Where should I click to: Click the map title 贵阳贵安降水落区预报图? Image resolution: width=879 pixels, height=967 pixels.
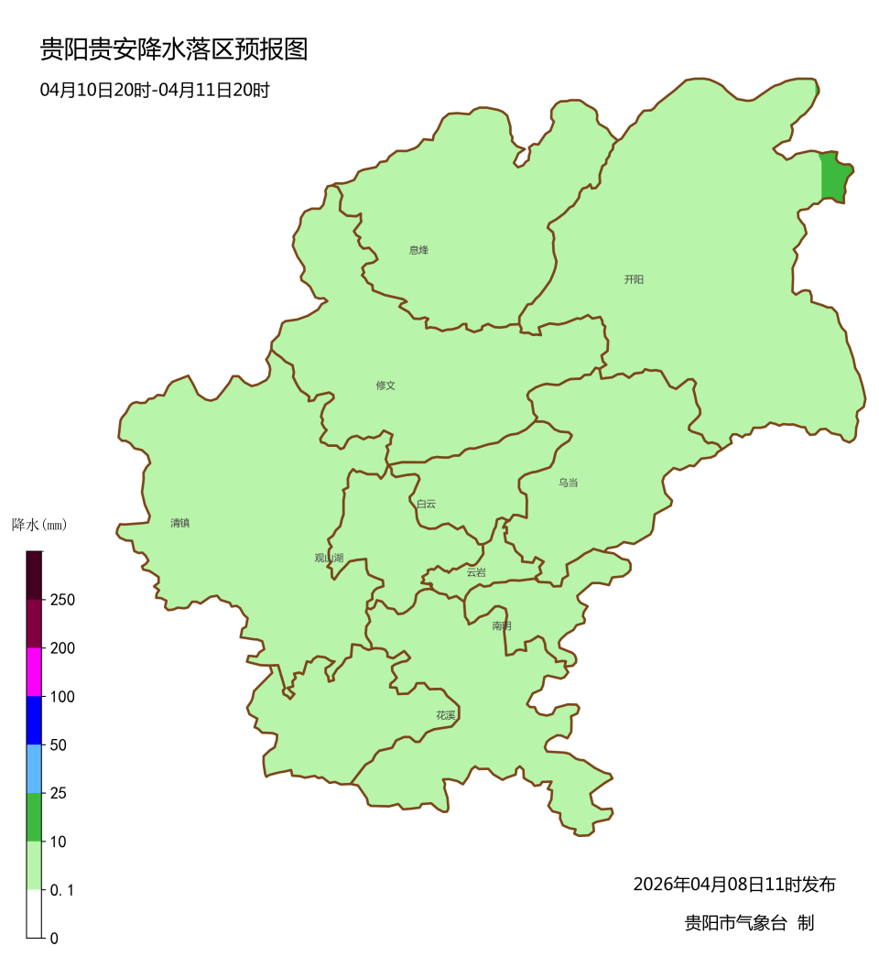click(x=174, y=49)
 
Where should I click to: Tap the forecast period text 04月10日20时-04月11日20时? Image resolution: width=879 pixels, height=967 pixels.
click(x=154, y=90)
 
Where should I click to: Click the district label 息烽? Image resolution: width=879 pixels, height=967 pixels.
click(x=418, y=250)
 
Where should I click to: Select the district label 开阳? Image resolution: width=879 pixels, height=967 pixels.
click(x=634, y=279)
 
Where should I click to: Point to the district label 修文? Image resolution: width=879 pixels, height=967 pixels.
click(x=385, y=386)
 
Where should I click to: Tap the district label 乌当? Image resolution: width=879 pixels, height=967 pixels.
click(x=569, y=483)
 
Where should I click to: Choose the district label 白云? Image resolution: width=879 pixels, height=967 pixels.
click(x=426, y=504)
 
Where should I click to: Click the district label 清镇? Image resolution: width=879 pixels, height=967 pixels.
click(x=179, y=523)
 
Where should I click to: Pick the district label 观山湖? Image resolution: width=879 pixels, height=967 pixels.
click(x=329, y=558)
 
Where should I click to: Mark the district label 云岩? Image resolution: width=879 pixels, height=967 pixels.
click(x=476, y=572)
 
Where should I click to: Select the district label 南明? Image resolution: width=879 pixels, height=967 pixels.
click(x=502, y=625)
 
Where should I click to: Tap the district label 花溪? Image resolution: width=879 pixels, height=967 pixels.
click(x=446, y=715)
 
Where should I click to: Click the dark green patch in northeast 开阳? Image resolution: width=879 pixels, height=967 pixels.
click(x=834, y=178)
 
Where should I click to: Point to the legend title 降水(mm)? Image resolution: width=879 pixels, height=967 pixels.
click(x=39, y=525)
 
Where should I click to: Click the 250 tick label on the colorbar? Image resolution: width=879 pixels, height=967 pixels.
click(x=63, y=600)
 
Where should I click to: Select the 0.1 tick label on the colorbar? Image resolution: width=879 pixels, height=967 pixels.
click(x=63, y=889)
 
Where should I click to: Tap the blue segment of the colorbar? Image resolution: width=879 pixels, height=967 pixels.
click(x=35, y=720)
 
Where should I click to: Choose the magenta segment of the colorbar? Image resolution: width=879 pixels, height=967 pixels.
click(x=35, y=671)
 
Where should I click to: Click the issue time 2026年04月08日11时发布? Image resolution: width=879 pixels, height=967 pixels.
click(x=734, y=885)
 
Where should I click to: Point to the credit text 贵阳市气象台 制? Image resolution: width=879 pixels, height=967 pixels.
click(x=749, y=923)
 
